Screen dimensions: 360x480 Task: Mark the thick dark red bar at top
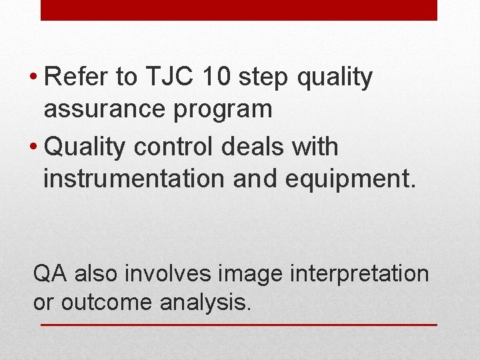click(239, 10)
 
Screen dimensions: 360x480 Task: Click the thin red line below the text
click(239, 325)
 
